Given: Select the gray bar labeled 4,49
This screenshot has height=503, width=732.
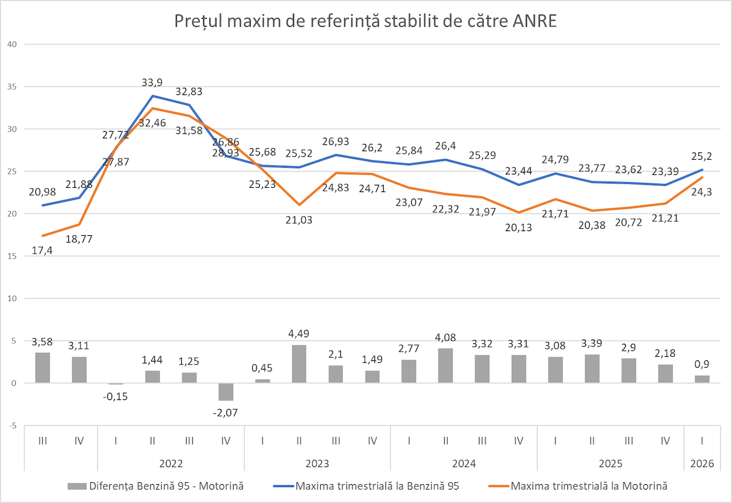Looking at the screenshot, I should [x=299, y=364].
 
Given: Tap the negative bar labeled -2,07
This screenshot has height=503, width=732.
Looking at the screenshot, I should [x=226, y=391].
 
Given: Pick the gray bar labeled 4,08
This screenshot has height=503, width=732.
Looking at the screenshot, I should [x=445, y=366].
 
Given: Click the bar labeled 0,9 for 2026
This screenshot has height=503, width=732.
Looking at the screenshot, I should [x=702, y=379].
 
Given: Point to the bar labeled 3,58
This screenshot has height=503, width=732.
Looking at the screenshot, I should [x=43, y=368].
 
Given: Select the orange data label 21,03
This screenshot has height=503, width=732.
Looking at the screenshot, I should [x=299, y=220].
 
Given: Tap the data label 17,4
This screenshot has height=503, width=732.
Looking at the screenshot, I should [x=41, y=251].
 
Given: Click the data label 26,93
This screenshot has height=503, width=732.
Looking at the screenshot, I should [x=335, y=141].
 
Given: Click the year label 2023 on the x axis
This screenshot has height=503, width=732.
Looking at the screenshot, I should [x=318, y=463].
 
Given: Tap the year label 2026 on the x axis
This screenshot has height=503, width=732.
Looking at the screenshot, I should [x=702, y=463].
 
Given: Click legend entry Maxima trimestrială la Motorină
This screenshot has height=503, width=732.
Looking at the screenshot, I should [x=589, y=486].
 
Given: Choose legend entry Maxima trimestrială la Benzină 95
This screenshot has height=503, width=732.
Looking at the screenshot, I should [x=377, y=486].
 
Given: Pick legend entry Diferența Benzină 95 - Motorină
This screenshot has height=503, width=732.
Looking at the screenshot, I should [x=166, y=486].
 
